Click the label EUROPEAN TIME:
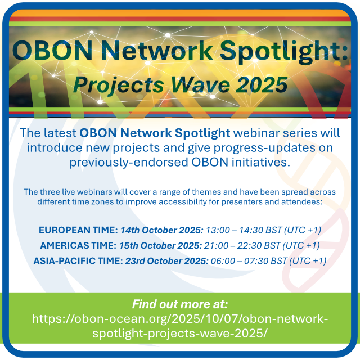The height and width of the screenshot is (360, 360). click(77, 230)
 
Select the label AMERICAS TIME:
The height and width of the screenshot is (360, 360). click(78, 246)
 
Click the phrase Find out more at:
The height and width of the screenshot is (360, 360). click(180, 304)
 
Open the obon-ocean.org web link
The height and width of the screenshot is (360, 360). click(180, 326)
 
